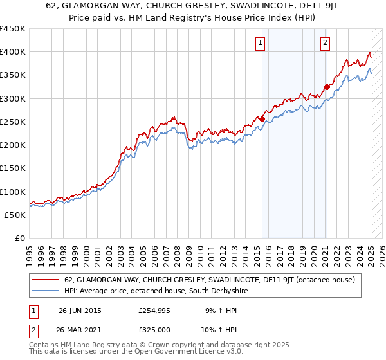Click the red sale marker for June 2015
pyautogui.click(x=262, y=119)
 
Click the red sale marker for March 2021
pyautogui.click(x=327, y=87)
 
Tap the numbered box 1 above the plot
pyautogui.click(x=261, y=43)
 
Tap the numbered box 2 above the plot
pyautogui.click(x=325, y=43)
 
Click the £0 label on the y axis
pyautogui.click(x=20, y=238)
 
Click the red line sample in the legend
pyautogui.click(x=45, y=280)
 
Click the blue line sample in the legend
pyautogui.click(x=45, y=291)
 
